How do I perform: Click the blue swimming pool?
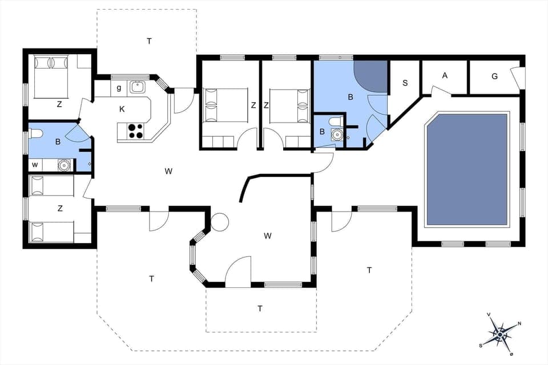467,169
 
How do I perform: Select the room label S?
405,83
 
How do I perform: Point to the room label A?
445,75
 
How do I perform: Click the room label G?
494,75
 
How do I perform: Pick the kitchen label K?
122,108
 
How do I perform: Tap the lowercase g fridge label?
119,88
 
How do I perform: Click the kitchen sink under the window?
137,87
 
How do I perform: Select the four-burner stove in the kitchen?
136,131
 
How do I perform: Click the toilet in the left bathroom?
35,133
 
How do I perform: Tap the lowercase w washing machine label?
35,165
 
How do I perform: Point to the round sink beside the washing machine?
65,165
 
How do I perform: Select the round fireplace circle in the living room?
219,222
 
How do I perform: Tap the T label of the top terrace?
149,40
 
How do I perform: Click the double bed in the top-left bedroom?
51,76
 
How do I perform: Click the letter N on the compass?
518,323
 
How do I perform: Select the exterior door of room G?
519,78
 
